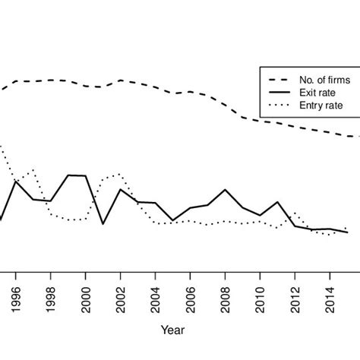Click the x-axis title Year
point(172,330)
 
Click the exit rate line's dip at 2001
point(103,224)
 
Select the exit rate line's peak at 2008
point(226,190)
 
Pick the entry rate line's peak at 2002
point(119,174)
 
